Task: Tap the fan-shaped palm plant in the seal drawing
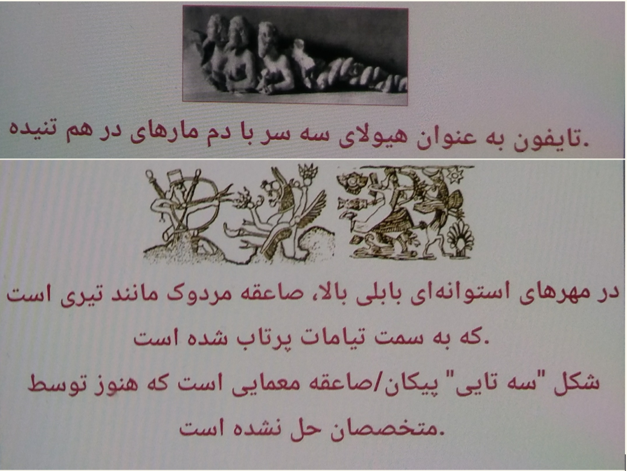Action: coord(460,238)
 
